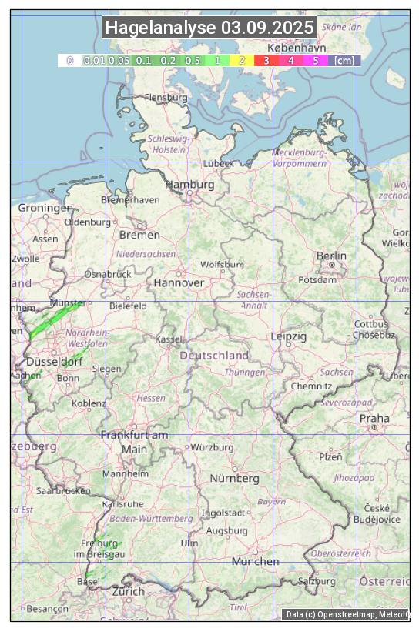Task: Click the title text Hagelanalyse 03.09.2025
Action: point(209,28)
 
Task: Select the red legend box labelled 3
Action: point(266,60)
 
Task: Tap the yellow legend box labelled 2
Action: point(242,60)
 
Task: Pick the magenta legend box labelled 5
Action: point(316,60)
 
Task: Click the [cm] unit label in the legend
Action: point(344,60)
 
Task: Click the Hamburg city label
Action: point(189,185)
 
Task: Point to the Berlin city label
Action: point(331,256)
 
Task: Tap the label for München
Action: point(255,561)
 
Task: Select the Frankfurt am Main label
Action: point(134,442)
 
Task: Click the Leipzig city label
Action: point(289,336)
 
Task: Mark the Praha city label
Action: point(374,418)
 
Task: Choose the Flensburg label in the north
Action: point(166,98)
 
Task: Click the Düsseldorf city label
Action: point(54,362)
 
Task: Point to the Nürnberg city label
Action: point(234,478)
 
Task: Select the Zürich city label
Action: point(128,591)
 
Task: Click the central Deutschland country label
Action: point(214,355)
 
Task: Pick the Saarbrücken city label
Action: point(63,490)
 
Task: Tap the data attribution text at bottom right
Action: point(347,614)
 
